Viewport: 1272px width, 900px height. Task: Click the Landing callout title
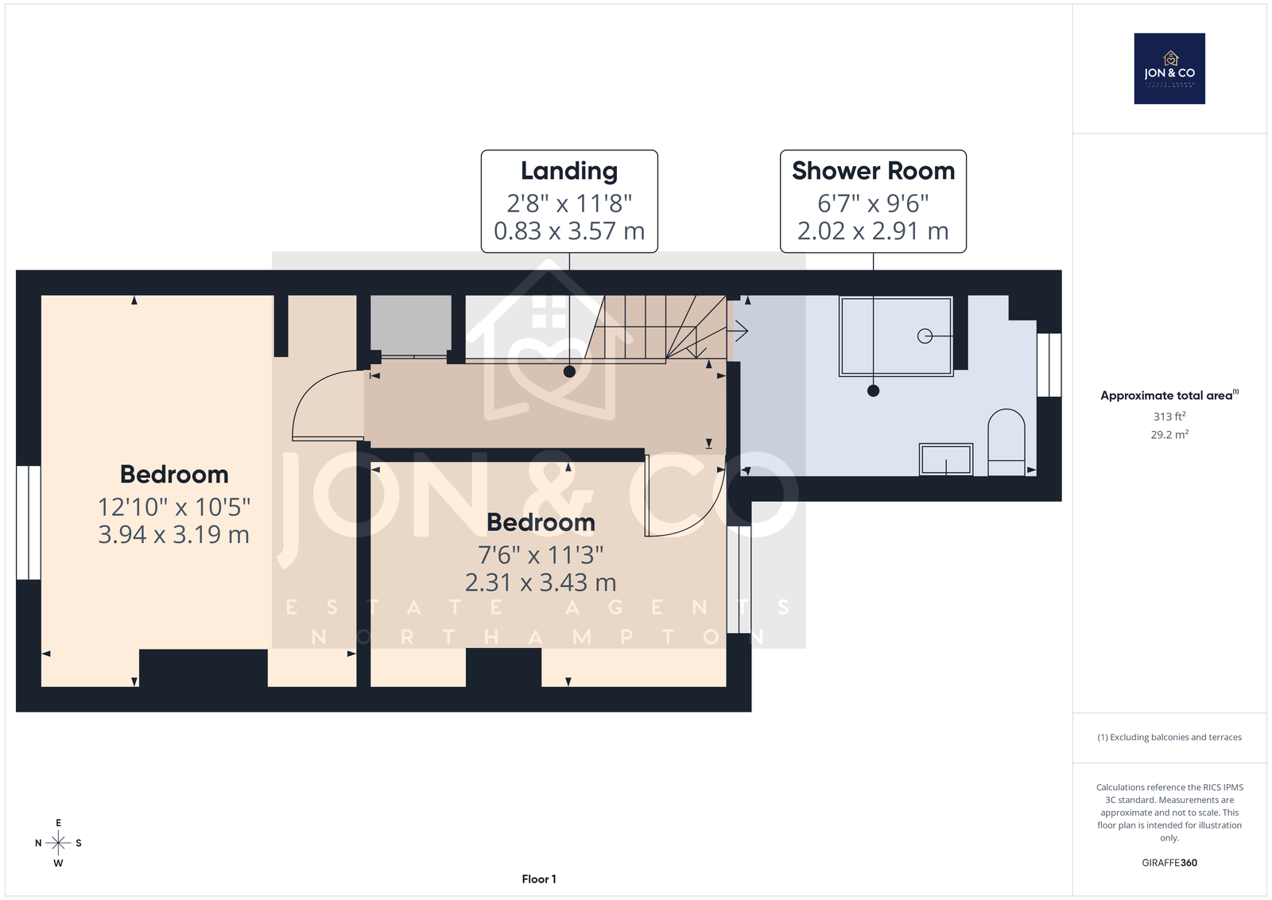pyautogui.click(x=569, y=171)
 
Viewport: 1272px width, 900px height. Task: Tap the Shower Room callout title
pyautogui.click(x=874, y=171)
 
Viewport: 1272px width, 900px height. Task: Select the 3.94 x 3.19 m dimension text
pyautogui.click(x=174, y=534)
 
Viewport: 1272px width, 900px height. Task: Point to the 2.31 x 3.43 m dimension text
pyautogui.click(x=541, y=583)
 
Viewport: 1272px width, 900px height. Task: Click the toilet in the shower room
pyautogui.click(x=1006, y=442)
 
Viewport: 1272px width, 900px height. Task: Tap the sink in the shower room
pyautogui.click(x=946, y=460)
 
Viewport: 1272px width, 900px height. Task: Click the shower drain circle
pyautogui.click(x=925, y=336)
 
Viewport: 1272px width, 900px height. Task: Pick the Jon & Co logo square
pyautogui.click(x=1169, y=68)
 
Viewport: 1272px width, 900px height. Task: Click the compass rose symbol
pyautogui.click(x=59, y=843)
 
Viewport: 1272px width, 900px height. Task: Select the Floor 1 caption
pyautogui.click(x=539, y=879)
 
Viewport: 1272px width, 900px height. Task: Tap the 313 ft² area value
pyautogui.click(x=1169, y=417)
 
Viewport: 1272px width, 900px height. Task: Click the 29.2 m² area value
pyautogui.click(x=1169, y=434)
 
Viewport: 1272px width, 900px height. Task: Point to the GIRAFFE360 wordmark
pyautogui.click(x=1169, y=863)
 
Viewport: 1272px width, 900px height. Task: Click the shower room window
pyautogui.click(x=1049, y=365)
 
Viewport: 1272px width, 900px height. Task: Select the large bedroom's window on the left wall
pyautogui.click(x=29, y=522)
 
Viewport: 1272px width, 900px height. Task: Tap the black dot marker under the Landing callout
pyautogui.click(x=569, y=372)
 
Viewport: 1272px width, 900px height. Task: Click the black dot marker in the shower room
pyautogui.click(x=874, y=390)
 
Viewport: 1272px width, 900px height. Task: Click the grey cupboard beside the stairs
pyautogui.click(x=411, y=326)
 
